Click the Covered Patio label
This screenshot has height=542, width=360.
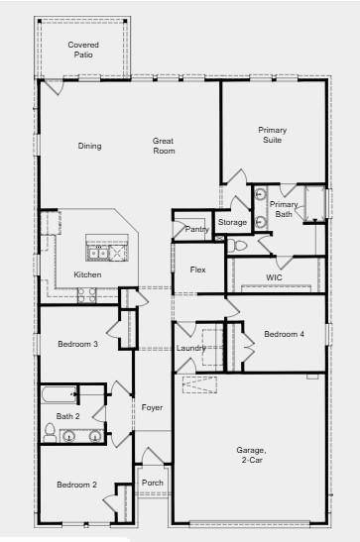point(83,50)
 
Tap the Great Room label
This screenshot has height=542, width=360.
point(164,146)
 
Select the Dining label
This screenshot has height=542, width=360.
point(89,147)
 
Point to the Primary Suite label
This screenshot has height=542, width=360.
point(272,135)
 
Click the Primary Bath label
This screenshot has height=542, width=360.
point(284,209)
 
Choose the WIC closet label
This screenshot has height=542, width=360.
point(275,277)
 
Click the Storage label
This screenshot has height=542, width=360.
point(232,223)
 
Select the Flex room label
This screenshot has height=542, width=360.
point(198,270)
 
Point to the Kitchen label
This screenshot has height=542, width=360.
point(87,274)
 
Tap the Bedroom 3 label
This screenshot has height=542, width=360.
point(76,344)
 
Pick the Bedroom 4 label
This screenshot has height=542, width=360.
point(284,334)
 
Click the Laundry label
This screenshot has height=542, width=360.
point(190,348)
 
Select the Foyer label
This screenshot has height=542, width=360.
point(152,407)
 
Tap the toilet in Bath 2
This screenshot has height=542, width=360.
point(50,431)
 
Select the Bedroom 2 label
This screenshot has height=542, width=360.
point(75,485)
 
